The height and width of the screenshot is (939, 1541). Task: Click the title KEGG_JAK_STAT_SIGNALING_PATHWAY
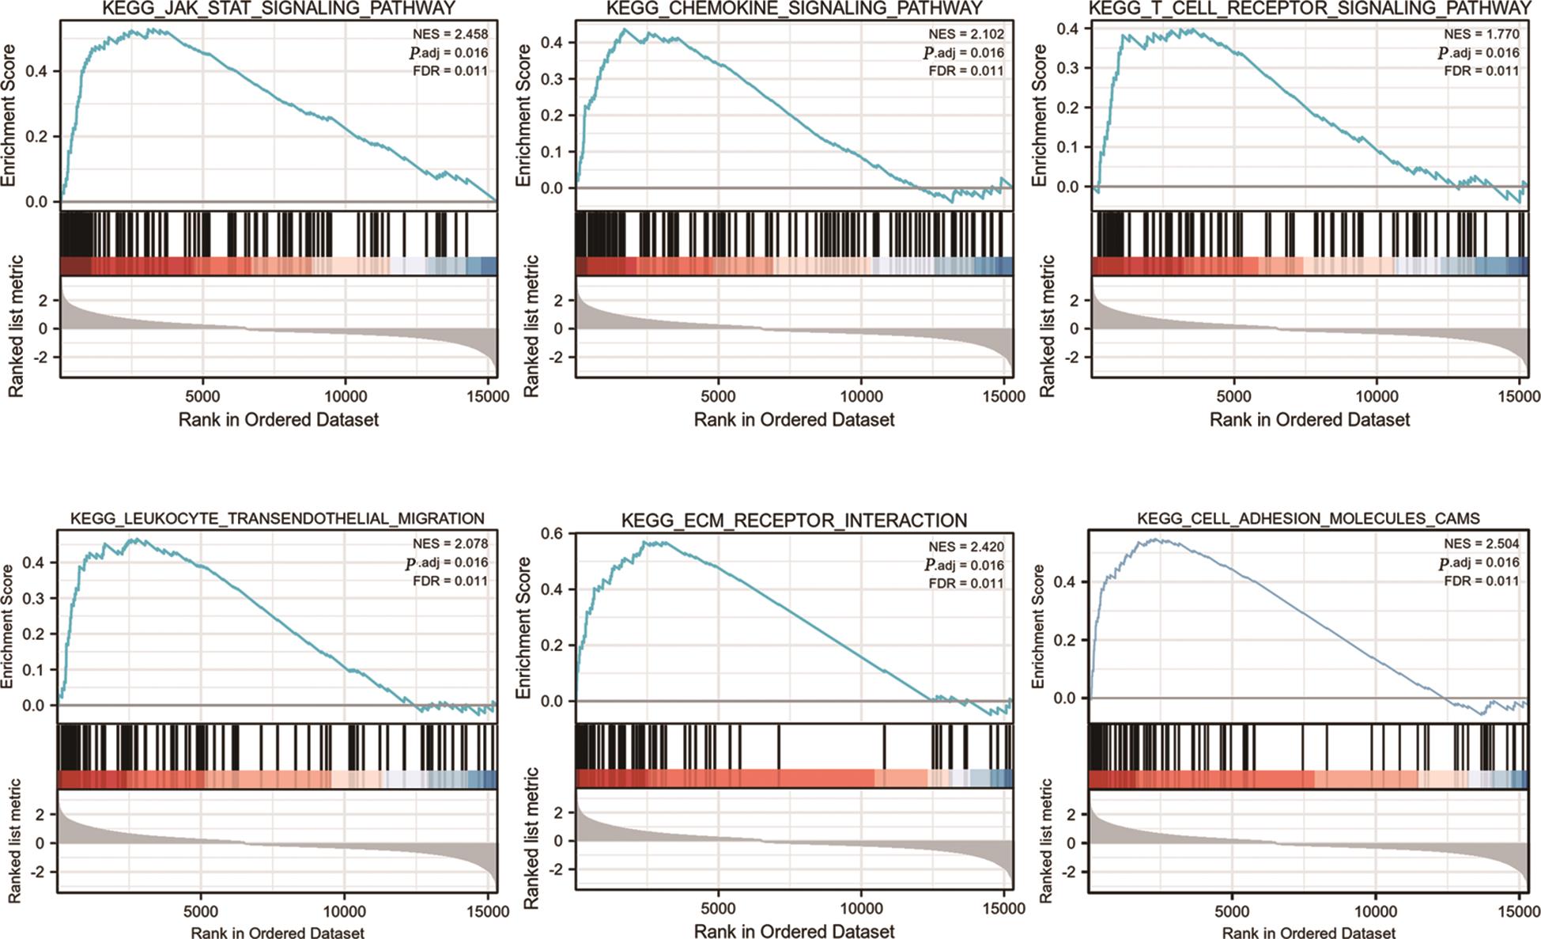click(x=278, y=9)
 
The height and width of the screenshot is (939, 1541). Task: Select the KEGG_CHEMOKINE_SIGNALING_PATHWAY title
click(x=794, y=9)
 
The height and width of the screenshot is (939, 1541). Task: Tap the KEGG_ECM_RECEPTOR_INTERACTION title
click(x=794, y=521)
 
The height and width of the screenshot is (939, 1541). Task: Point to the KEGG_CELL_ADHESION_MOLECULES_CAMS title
click(x=1309, y=519)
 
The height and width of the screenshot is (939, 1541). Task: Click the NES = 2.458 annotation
click(x=450, y=34)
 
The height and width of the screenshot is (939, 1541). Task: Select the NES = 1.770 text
click(x=1481, y=34)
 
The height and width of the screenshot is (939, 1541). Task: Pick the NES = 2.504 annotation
click(x=1481, y=544)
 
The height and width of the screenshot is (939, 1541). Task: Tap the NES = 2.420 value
click(x=965, y=547)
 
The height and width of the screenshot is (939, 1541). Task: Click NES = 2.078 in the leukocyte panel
click(x=450, y=544)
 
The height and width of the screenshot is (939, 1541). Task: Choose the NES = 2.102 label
click(x=965, y=34)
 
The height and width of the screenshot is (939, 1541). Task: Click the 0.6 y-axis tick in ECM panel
click(x=552, y=534)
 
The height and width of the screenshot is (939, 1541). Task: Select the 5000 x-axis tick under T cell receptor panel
click(x=1233, y=396)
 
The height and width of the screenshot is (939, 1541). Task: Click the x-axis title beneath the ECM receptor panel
click(x=794, y=931)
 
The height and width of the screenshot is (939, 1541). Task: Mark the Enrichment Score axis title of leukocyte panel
click(x=8, y=627)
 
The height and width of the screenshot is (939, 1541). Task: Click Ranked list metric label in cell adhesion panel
click(x=1046, y=841)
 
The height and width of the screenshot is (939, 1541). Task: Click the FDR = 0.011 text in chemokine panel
click(x=965, y=70)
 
